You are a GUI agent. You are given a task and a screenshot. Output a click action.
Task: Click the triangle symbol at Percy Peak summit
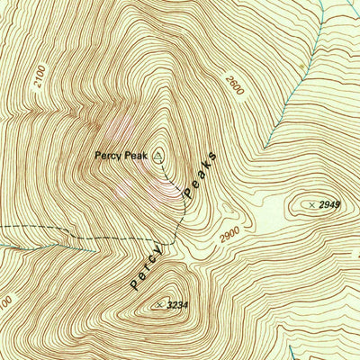click(159, 155)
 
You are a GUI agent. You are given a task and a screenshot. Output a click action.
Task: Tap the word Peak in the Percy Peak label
click(135, 156)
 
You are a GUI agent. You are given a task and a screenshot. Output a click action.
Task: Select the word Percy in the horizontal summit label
click(108, 156)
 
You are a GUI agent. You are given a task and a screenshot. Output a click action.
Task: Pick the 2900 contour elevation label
click(231, 235)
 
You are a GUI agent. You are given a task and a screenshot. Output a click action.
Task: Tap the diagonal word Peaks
click(201, 172)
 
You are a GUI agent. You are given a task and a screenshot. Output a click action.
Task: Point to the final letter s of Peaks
click(214, 150)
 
